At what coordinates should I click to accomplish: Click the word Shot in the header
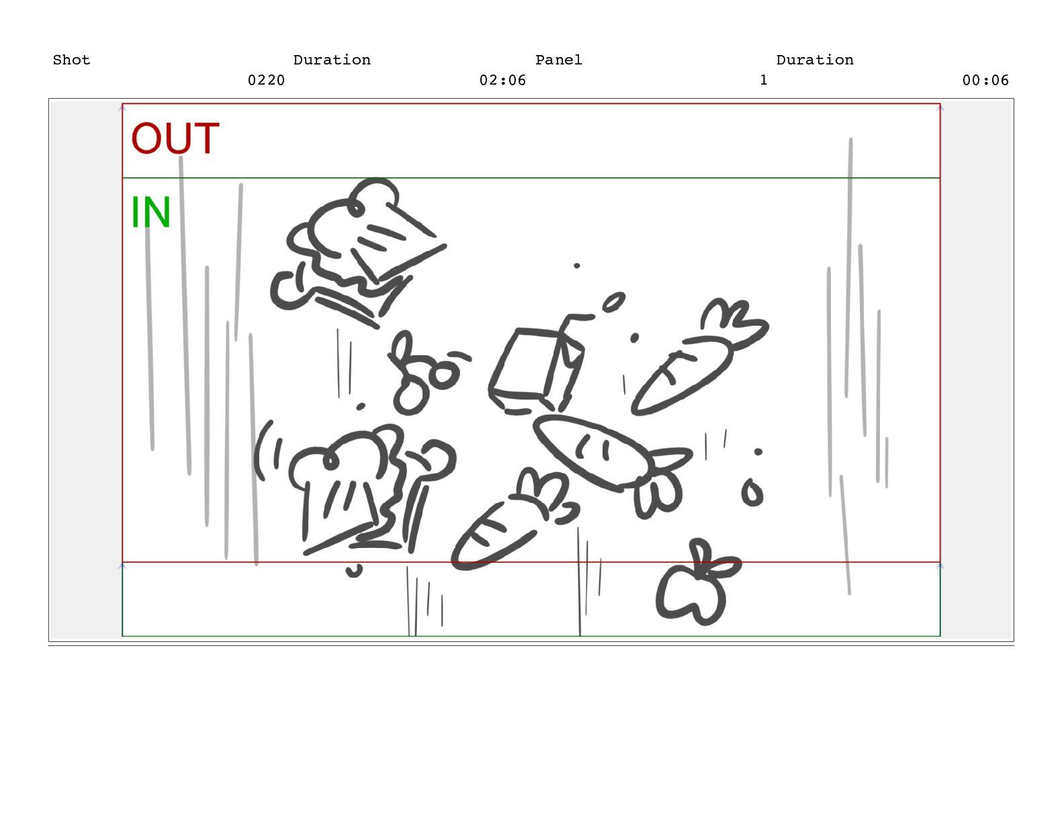pos(71,60)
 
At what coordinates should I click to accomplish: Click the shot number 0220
pos(267,81)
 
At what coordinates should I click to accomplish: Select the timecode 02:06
pos(502,81)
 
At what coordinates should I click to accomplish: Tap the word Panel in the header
pos(559,60)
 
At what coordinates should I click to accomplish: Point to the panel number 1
pos(764,81)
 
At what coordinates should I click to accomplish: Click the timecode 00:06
pos(985,81)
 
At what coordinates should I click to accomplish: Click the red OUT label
pos(175,138)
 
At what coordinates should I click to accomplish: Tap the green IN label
pos(151,212)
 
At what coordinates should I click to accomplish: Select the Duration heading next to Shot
pos(332,60)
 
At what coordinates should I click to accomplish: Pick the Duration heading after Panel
pos(815,60)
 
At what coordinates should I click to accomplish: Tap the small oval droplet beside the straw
pos(613,302)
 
